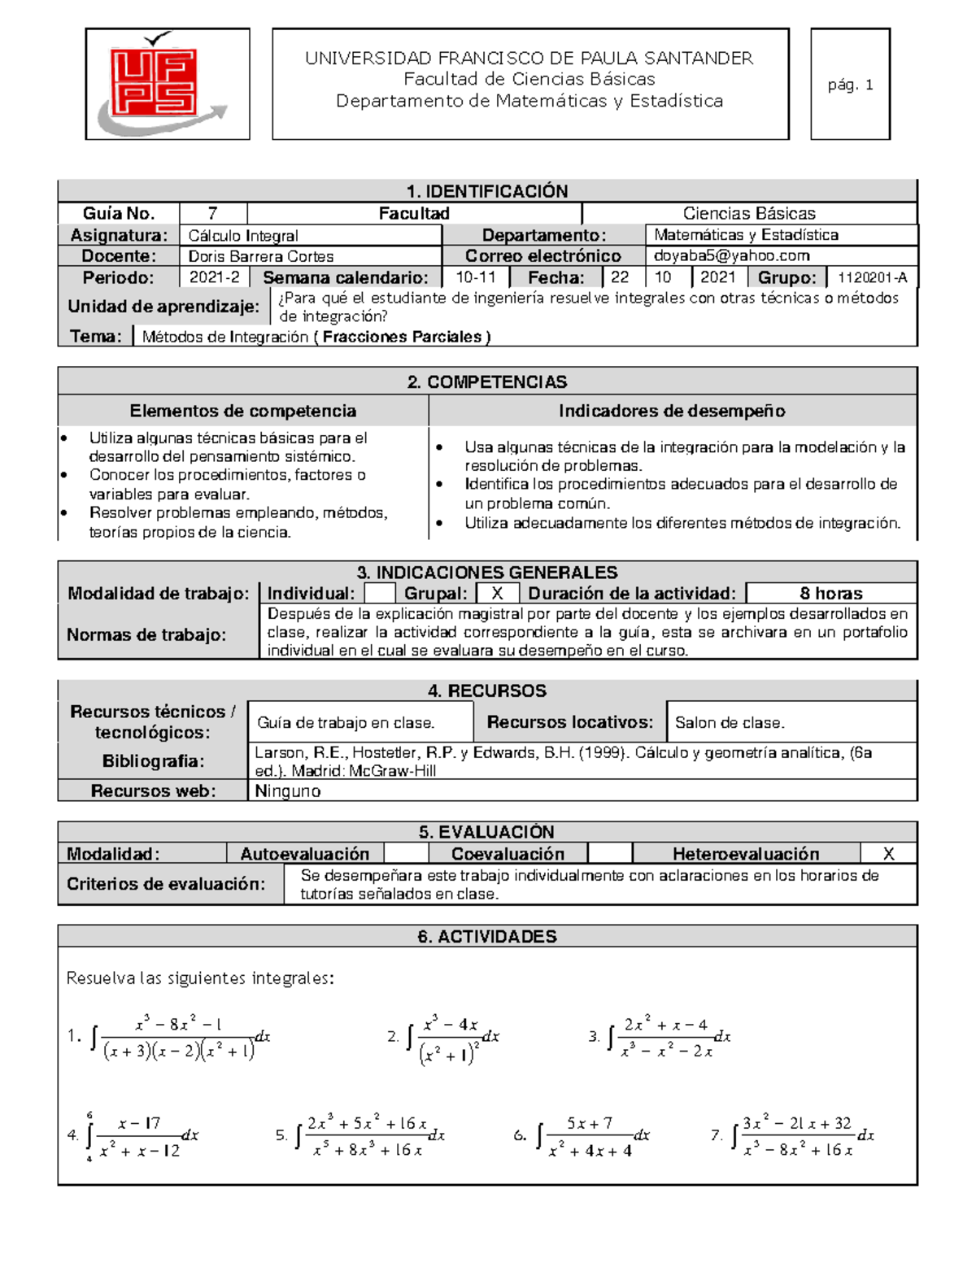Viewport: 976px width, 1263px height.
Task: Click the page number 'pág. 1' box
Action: pyautogui.click(x=850, y=85)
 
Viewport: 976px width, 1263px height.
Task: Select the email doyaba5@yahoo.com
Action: pyautogui.click(x=731, y=256)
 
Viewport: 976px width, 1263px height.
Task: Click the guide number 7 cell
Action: pyautogui.click(x=212, y=213)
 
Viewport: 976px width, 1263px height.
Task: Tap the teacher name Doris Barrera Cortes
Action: pyautogui.click(x=261, y=256)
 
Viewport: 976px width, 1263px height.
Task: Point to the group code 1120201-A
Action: pyautogui.click(x=872, y=277)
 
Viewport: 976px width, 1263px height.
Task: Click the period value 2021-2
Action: pyautogui.click(x=214, y=277)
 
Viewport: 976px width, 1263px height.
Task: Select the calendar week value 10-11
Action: pyautogui.click(x=476, y=277)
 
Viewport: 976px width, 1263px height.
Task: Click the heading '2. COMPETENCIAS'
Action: pyautogui.click(x=487, y=382)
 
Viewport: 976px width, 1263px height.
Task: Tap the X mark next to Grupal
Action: pyautogui.click(x=497, y=594)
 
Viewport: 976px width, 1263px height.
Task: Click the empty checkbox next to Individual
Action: pyautogui.click(x=379, y=594)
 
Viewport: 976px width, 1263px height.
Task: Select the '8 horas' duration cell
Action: pyautogui.click(x=830, y=594)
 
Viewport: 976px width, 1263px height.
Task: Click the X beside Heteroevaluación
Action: pyautogui.click(x=888, y=854)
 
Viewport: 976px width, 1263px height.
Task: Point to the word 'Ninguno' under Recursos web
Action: pyautogui.click(x=288, y=791)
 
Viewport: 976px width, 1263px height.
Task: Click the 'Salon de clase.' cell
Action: pyautogui.click(x=730, y=722)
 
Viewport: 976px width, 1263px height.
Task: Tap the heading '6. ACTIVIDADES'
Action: pyautogui.click(x=487, y=937)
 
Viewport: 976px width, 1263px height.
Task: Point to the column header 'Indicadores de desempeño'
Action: pyautogui.click(x=672, y=412)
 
